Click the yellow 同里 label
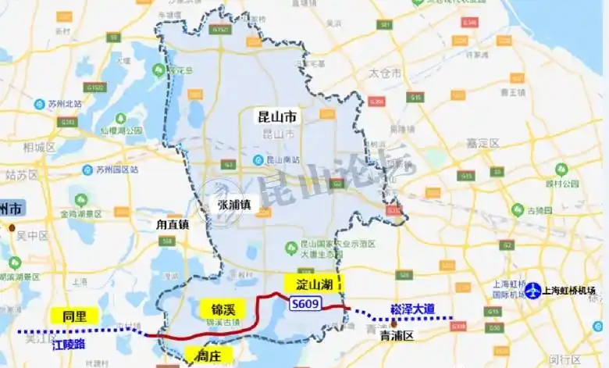click(74, 316)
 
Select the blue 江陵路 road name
click(70, 343)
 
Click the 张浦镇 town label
click(234, 205)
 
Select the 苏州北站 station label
click(59, 104)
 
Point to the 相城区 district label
click(39, 146)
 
